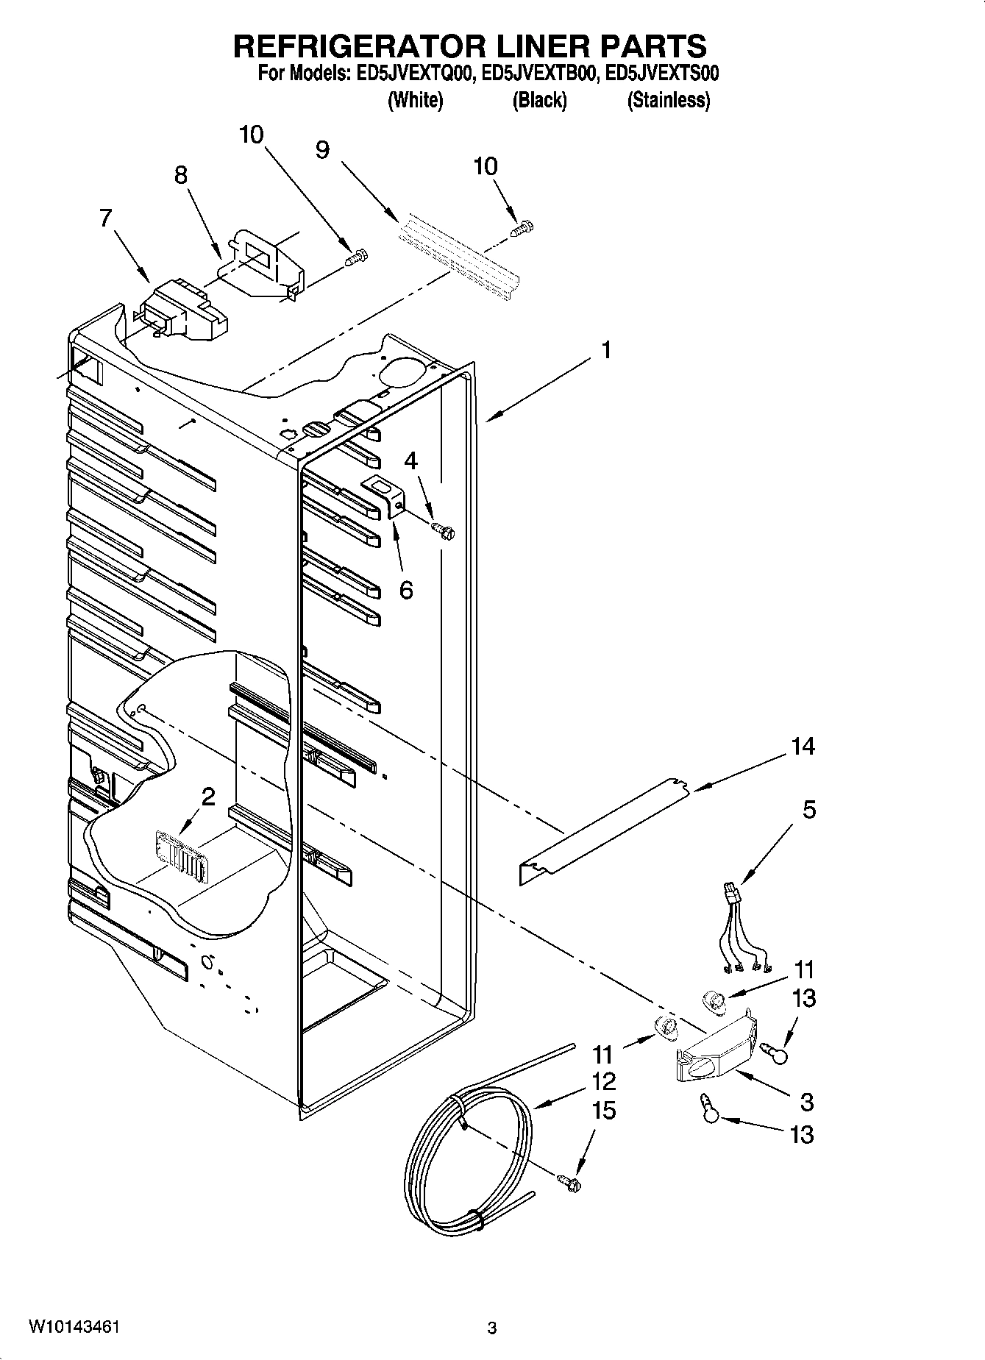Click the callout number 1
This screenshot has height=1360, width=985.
coord(606,351)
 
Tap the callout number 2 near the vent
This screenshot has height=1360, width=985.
coord(208,796)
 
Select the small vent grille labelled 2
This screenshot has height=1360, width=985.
coord(179,855)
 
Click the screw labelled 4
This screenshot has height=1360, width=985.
coord(443,528)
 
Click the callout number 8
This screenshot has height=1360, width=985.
coord(180,175)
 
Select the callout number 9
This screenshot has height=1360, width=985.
coord(322,149)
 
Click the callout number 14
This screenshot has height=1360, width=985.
coord(803,747)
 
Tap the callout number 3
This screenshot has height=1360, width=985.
coord(806,1102)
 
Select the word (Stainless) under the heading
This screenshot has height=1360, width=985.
coord(668,101)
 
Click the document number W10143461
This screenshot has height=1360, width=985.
coord(74,1327)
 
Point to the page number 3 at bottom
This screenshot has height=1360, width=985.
coord(492,1328)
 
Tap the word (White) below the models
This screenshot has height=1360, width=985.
coord(415,101)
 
